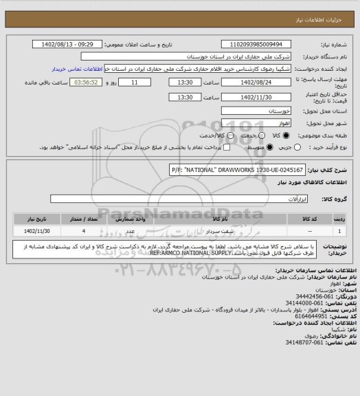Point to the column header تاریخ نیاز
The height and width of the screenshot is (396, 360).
[x=34, y=218]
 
